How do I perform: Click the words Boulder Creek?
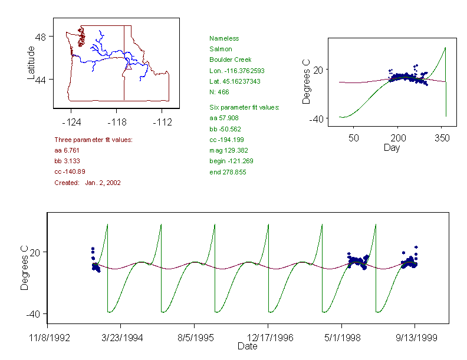[230, 60]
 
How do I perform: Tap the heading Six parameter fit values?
[244, 107]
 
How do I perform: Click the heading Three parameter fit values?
[93, 140]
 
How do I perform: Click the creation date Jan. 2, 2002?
[103, 183]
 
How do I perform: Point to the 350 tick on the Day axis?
[442, 138]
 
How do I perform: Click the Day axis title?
[391, 147]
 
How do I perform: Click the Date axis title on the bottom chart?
[247, 346]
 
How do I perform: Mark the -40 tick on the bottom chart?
[33, 313]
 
